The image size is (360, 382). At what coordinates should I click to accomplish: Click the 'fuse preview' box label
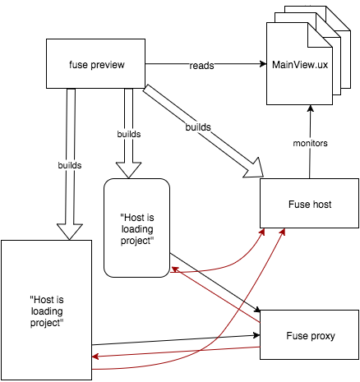(x=97, y=65)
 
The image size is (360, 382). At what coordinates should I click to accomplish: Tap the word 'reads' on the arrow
(x=201, y=66)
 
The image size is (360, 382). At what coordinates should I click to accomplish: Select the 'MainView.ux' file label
(x=300, y=65)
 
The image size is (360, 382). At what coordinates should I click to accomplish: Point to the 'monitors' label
(x=310, y=143)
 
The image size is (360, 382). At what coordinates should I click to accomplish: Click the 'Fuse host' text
(x=310, y=205)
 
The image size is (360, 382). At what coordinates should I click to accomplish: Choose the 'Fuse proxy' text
(x=311, y=336)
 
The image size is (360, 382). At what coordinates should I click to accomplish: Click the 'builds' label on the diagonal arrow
(x=198, y=127)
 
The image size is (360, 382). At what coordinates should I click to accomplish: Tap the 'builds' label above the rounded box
(x=129, y=134)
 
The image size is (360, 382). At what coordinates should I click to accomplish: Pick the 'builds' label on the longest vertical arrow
(x=70, y=165)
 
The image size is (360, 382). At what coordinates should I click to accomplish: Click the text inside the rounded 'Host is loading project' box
(x=137, y=229)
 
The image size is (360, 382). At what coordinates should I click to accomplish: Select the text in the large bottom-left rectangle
(x=47, y=311)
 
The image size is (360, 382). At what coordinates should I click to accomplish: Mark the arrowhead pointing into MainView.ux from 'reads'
(x=263, y=64)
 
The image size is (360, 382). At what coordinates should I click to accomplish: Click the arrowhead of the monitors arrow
(x=310, y=108)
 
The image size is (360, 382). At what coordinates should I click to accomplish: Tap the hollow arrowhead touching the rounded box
(x=128, y=170)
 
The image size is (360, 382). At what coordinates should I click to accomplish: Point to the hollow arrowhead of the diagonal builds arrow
(x=254, y=168)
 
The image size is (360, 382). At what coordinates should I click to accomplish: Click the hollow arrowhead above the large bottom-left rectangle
(x=70, y=232)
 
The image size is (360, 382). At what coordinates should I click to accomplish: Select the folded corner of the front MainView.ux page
(x=320, y=35)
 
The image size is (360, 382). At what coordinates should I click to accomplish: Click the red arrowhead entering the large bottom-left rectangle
(x=95, y=357)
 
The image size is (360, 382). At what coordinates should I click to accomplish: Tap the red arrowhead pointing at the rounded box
(x=175, y=269)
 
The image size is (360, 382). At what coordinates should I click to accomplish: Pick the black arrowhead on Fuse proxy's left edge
(x=256, y=335)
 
